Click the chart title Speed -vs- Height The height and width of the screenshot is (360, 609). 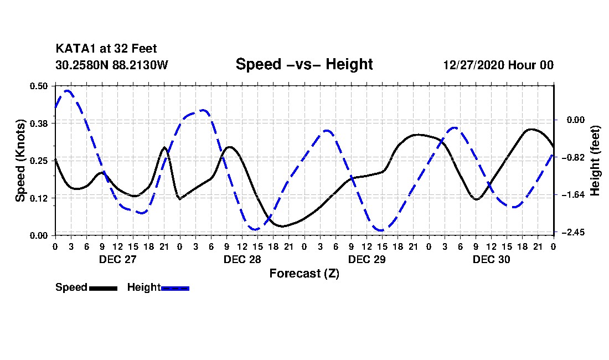pos(304,64)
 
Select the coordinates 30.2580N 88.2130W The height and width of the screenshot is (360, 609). pos(111,65)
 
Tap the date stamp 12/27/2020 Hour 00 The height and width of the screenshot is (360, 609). pos(498,65)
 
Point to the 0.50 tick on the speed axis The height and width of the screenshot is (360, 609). pos(40,86)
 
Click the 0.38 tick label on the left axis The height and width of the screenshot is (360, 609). pos(40,123)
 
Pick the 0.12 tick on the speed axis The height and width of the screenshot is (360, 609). pos(40,198)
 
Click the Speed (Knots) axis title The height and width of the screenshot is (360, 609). pos(20,160)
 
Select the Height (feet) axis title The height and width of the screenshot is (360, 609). pos(596,160)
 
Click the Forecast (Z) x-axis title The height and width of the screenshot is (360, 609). pos(304,274)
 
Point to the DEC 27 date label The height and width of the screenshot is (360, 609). pos(117,259)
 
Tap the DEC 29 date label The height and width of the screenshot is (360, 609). pos(367,259)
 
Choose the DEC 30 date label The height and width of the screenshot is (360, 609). pos(491,259)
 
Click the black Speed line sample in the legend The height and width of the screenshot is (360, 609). pos(103,288)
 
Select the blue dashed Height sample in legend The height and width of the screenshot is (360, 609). pos(175,288)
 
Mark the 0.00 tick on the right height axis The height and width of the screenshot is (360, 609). pos(574,120)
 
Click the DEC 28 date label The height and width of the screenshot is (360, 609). pos(242,259)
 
